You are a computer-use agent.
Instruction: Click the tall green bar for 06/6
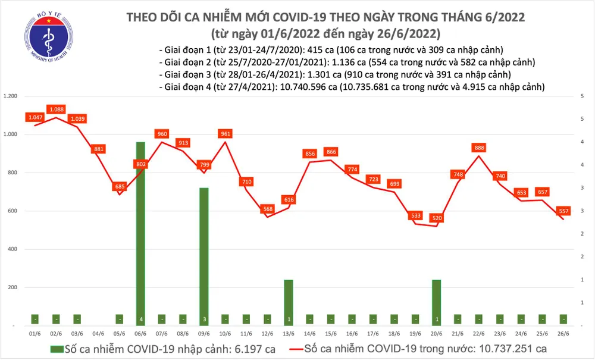(140, 232)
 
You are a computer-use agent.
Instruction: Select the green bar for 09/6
(203, 256)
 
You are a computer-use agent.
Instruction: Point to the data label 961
(225, 134)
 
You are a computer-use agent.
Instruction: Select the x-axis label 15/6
(331, 334)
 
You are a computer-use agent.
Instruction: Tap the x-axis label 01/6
(35, 334)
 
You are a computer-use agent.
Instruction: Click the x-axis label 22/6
(478, 334)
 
